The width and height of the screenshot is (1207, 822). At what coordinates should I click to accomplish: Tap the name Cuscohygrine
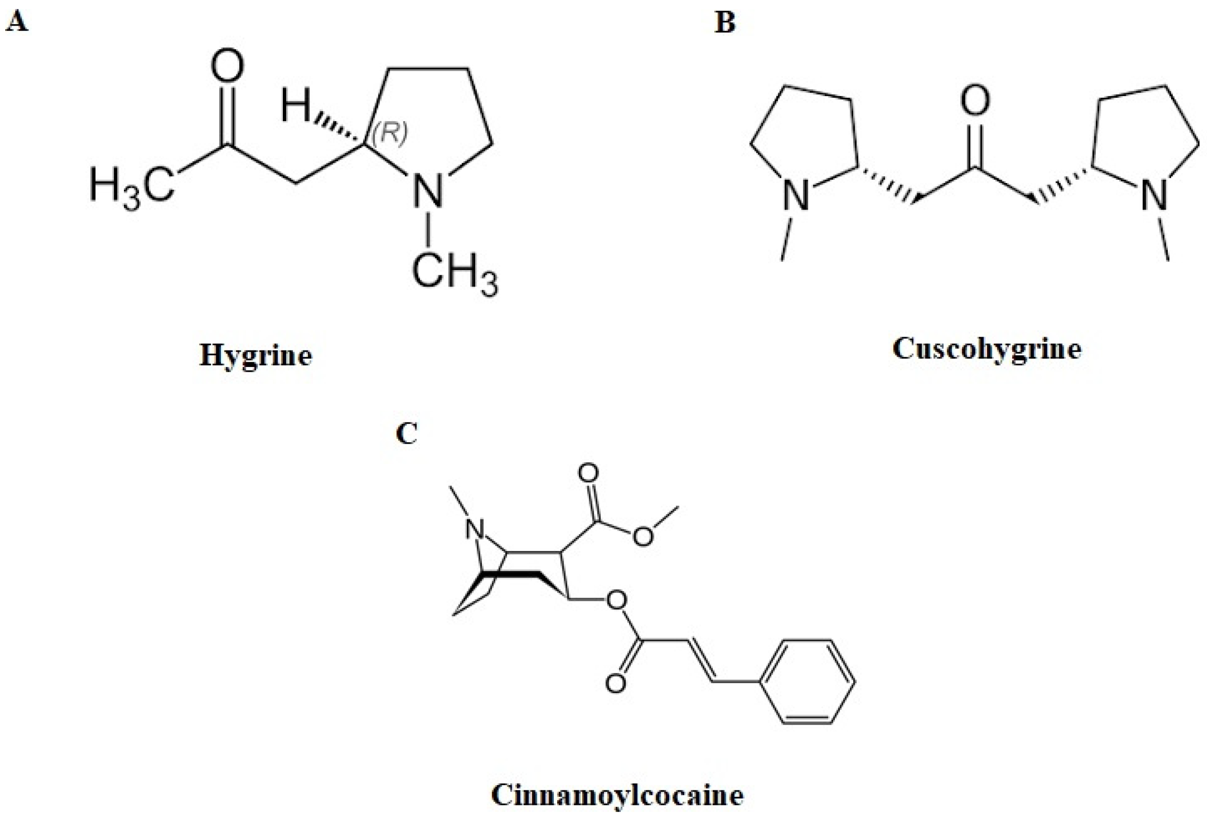point(987,350)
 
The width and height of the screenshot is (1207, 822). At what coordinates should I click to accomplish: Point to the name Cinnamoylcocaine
point(617,795)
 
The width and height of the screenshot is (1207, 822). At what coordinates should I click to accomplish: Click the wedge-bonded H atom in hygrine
point(295,106)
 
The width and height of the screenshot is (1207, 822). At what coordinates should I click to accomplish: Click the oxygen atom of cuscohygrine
point(975,101)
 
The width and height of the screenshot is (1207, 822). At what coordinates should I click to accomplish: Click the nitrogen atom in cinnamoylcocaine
point(473,530)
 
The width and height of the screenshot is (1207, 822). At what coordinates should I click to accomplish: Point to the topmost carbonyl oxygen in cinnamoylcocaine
point(588,473)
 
